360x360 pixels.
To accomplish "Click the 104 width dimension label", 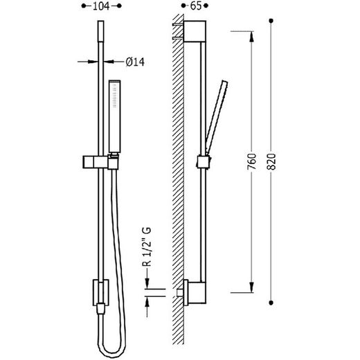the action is pyautogui.click(x=101, y=6).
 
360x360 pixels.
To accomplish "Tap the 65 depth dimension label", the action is pyautogui.click(x=196, y=6).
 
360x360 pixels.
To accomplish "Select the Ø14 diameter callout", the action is pyautogui.click(x=135, y=62).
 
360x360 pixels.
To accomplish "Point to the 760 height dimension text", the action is pyautogui.click(x=252, y=161).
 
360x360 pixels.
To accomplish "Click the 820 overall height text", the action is pyautogui.click(x=271, y=161).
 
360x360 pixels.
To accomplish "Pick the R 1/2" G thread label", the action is pyautogui.click(x=147, y=246).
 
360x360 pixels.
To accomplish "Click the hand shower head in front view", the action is pyautogui.click(x=115, y=116).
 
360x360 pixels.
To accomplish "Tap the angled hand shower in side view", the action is pyautogui.click(x=217, y=117).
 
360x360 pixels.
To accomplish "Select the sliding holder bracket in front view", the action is pyautogui.click(x=100, y=162).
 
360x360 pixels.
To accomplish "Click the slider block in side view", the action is pyautogui.click(x=204, y=161).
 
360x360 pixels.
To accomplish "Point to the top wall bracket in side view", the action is pyautogui.click(x=195, y=31).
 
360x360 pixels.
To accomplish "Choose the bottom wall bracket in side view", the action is pyautogui.click(x=195, y=293).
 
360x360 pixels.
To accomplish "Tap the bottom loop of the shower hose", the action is pyautogui.click(x=113, y=351).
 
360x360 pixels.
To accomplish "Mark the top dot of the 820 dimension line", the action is pyautogui.click(x=271, y=21).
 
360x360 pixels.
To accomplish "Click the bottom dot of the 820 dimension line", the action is pyautogui.click(x=271, y=303).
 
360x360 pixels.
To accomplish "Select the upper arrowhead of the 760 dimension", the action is pyautogui.click(x=251, y=37).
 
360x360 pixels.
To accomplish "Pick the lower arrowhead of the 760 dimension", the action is pyautogui.click(x=251, y=287).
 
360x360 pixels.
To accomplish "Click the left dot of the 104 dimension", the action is pyautogui.click(x=84, y=6).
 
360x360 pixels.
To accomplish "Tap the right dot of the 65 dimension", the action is pyautogui.click(x=206, y=6).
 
